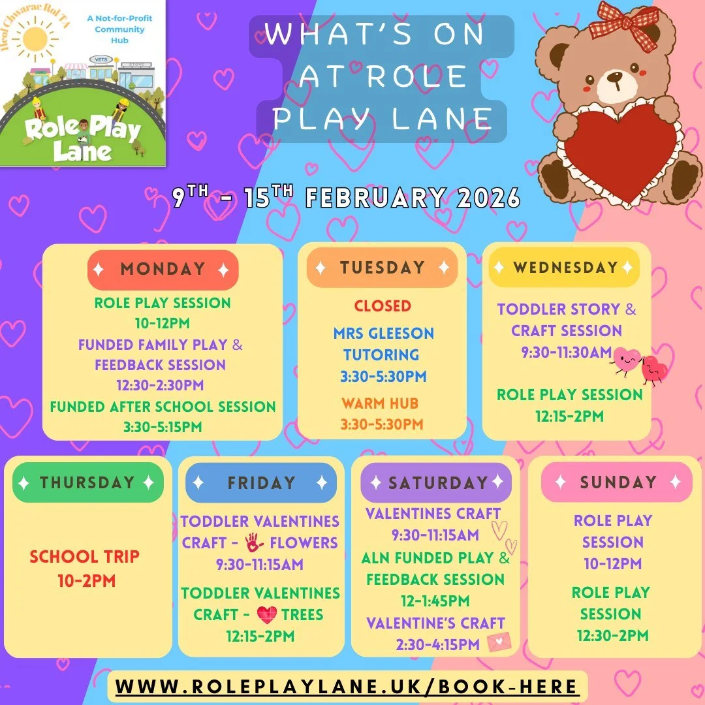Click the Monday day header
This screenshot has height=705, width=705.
tap(163, 270)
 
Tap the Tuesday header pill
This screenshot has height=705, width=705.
tap(382, 268)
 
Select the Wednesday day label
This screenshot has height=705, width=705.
tap(565, 267)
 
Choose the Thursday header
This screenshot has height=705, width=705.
tap(87, 482)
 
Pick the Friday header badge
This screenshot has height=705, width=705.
tap(261, 482)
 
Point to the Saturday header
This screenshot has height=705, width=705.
tap(437, 482)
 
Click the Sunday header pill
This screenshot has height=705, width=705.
tap(617, 482)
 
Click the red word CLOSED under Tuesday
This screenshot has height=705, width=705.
tap(383, 305)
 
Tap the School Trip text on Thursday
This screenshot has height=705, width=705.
tap(85, 557)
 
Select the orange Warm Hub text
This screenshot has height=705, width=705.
tap(380, 403)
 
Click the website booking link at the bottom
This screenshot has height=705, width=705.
tap(347, 687)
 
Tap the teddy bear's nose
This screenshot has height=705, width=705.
tap(614, 78)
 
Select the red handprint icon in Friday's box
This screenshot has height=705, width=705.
tap(255, 542)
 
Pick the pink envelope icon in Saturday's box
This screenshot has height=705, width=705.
tap(499, 643)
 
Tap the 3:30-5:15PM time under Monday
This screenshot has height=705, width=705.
tap(163, 427)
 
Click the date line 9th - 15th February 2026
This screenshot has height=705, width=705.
tap(346, 198)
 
